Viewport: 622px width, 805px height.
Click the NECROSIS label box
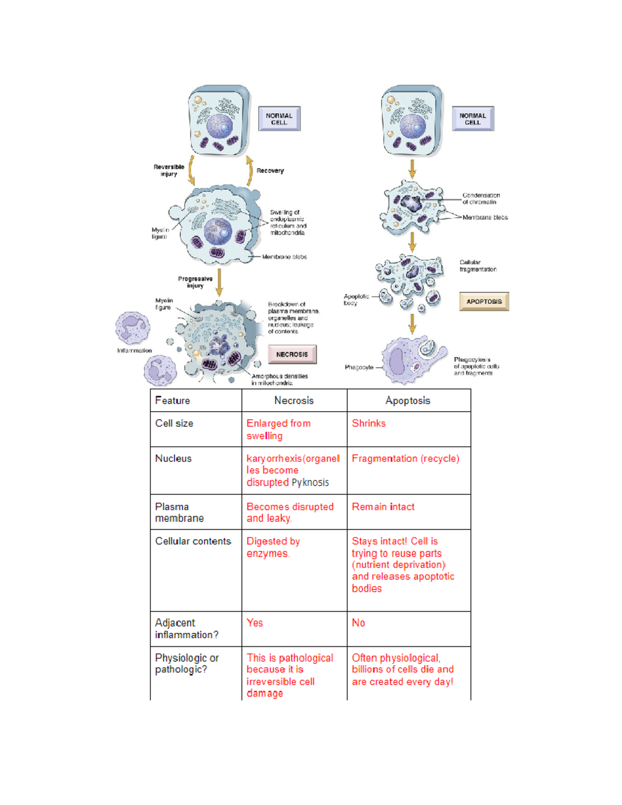coord(292,355)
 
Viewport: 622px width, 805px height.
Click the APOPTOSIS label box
coord(484,302)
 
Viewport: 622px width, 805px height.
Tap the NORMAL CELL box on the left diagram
coord(279,119)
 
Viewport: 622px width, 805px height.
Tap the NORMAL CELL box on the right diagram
coord(472,119)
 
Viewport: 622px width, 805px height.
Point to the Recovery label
coord(270,171)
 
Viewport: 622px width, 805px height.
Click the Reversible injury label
coord(169,171)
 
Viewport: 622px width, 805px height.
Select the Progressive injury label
coord(195,282)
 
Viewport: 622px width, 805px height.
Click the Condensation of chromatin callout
coord(480,199)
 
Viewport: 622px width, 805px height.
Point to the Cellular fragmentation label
coord(477,266)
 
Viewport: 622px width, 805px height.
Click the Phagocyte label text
coord(359,368)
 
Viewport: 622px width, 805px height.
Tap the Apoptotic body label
coord(356,300)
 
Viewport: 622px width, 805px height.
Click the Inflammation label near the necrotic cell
coord(134,351)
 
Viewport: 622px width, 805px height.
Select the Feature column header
coord(173,401)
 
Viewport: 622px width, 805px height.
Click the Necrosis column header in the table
coord(294,401)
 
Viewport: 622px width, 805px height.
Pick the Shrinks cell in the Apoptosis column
coord(369,423)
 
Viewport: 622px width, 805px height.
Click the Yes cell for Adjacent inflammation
coord(255,623)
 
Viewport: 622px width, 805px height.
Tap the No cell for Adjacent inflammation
coord(358,623)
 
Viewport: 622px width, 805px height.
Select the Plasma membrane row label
coord(179,512)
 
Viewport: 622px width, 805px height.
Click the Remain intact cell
coord(383,507)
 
